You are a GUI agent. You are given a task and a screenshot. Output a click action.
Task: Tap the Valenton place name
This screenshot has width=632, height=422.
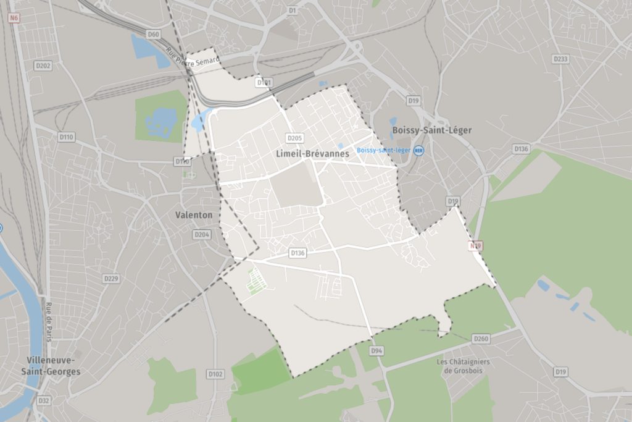click(194, 215)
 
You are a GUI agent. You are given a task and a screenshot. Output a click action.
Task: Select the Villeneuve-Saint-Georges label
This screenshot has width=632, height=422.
click(54, 365)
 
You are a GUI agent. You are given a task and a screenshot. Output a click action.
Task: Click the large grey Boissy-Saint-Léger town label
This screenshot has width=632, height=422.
click(432, 130)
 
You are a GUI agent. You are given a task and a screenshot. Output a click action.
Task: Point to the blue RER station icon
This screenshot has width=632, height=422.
click(419, 150)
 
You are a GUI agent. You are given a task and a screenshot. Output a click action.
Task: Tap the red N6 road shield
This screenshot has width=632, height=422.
click(14, 19)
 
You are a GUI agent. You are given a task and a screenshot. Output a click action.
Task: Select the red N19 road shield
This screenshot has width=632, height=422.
click(475, 246)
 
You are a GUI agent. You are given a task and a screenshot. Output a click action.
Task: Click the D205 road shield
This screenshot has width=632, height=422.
click(294, 138)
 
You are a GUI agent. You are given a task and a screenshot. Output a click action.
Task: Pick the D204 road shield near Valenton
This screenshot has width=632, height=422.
click(201, 235)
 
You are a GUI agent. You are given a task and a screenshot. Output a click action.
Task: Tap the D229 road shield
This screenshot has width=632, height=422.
click(111, 279)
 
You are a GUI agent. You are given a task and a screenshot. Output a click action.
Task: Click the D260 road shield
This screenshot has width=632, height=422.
click(480, 339)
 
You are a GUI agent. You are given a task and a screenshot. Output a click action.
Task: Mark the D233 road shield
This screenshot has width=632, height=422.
click(560, 59)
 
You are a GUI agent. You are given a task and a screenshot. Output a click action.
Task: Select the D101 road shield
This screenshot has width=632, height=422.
click(264, 82)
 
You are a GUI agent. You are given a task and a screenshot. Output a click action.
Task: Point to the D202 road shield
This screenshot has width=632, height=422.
click(43, 65)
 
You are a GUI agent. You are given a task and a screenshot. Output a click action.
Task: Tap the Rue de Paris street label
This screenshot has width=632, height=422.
click(48, 321)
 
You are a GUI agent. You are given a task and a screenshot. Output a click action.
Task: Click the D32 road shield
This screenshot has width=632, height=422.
click(43, 400)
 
